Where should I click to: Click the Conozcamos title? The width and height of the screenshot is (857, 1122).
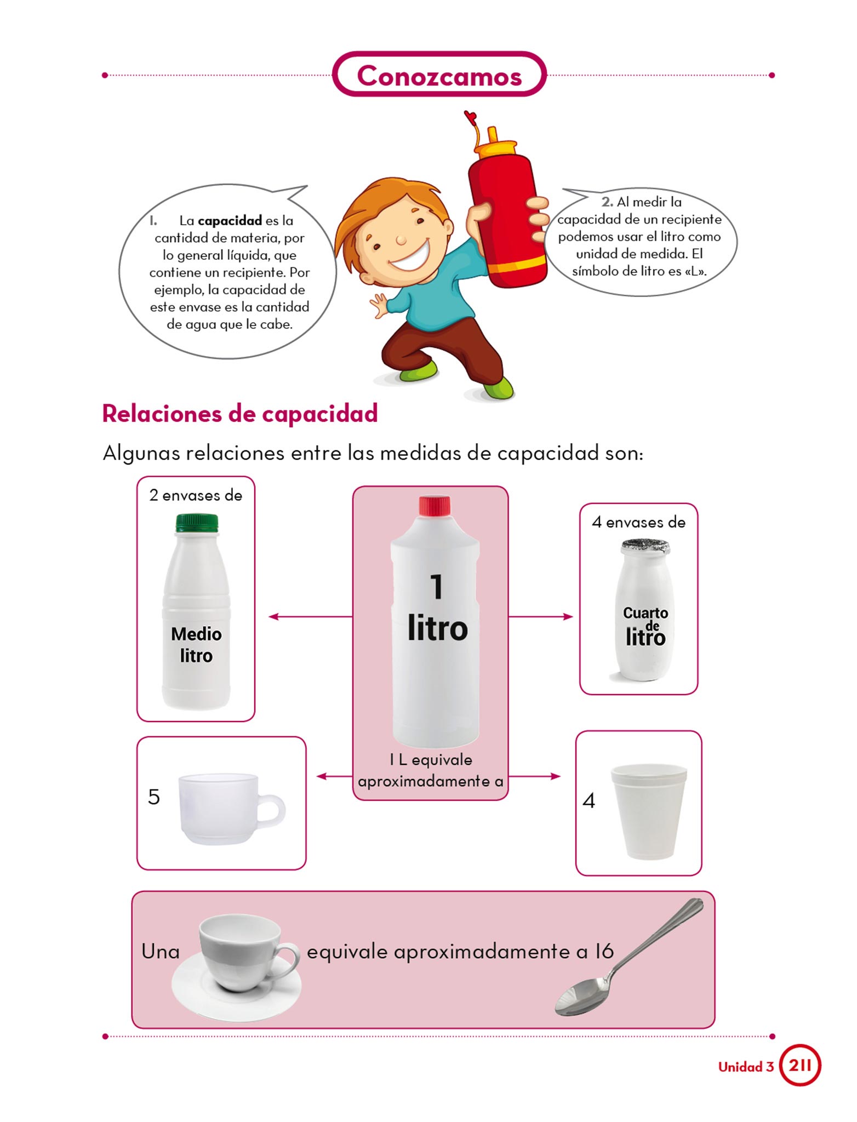coord(439,75)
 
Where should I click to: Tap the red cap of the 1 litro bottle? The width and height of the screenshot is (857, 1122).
coord(435,506)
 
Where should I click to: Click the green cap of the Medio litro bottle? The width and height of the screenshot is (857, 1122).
coord(197,523)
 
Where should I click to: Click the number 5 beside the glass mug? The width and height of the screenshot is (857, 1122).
coord(154,797)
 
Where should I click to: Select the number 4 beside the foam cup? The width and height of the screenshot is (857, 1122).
coord(589,801)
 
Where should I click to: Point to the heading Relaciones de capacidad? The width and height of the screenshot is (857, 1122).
coord(240,414)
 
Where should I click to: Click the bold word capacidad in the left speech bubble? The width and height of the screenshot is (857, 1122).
coord(230,220)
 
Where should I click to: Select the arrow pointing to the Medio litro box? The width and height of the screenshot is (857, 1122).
coord(311,617)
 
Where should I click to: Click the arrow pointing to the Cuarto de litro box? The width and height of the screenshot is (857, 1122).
coord(540,617)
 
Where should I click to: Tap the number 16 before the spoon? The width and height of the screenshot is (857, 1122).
coord(604,951)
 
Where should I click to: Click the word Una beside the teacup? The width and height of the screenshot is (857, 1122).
coord(161,951)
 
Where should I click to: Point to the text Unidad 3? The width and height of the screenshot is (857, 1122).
coord(746,1067)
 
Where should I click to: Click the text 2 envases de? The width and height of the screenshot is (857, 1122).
coord(196,495)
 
